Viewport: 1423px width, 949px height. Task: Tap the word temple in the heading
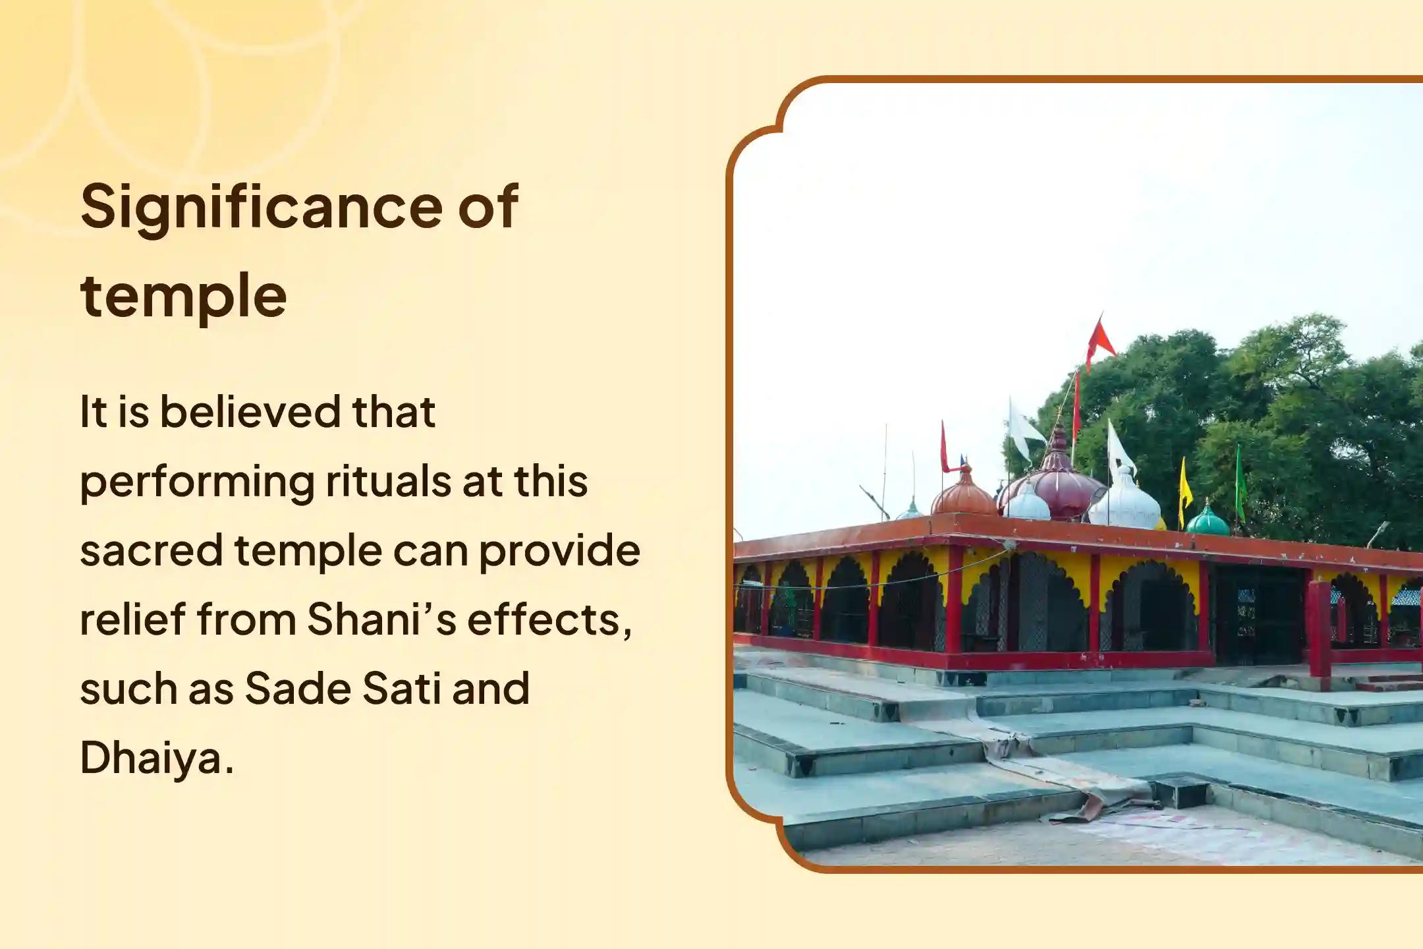pos(183,296)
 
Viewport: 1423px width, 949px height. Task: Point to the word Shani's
pos(381,620)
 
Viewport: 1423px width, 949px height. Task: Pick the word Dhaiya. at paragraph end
pos(157,759)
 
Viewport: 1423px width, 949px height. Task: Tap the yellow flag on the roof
pos(1185,486)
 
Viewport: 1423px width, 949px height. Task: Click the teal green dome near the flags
pos(1208,521)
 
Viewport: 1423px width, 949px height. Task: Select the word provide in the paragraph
pos(559,552)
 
